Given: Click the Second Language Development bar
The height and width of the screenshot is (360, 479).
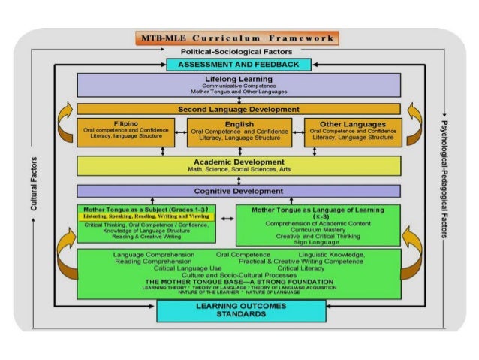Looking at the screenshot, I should [x=241, y=109].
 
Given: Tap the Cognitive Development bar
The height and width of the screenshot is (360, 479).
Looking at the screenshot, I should [x=241, y=191].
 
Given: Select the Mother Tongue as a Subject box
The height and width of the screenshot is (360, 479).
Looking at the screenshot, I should [x=146, y=223].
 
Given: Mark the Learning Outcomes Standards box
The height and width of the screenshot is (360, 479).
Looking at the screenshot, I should [x=240, y=310].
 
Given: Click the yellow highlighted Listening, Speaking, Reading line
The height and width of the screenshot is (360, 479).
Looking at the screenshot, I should [x=146, y=216].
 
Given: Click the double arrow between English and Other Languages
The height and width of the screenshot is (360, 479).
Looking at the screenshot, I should [x=297, y=133].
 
